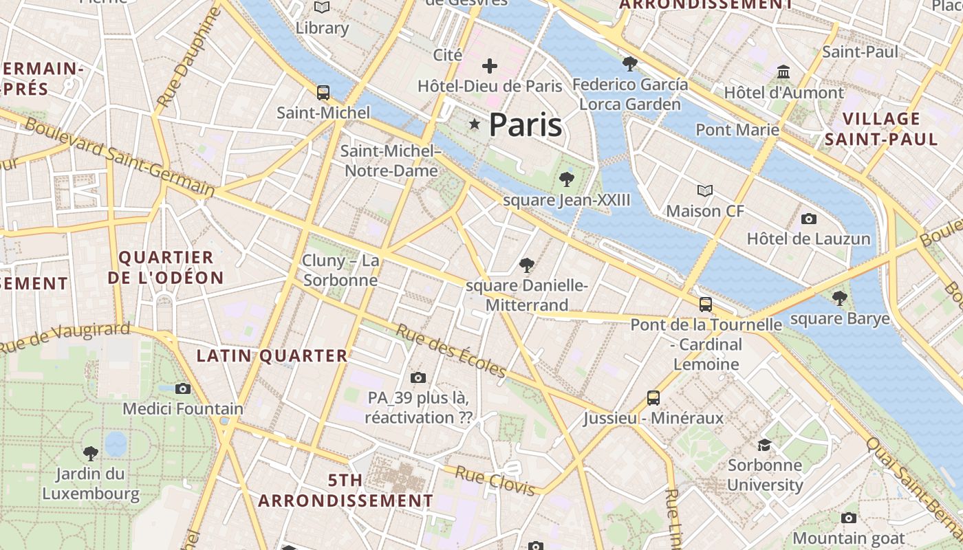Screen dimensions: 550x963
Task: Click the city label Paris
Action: [x=526, y=125]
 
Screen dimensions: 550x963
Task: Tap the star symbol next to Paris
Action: [x=474, y=124]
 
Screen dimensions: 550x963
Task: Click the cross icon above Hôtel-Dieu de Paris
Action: [x=490, y=66]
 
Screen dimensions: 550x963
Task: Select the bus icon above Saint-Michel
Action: [x=323, y=92]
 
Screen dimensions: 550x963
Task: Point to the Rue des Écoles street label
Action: [x=451, y=351]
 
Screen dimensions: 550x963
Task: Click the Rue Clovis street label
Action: [x=495, y=481]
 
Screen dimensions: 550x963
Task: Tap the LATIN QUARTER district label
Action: [x=272, y=355]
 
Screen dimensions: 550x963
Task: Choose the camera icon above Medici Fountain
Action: [x=183, y=388]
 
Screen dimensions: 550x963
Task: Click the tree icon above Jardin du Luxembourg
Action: [x=90, y=453]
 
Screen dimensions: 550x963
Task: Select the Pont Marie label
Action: [x=737, y=129]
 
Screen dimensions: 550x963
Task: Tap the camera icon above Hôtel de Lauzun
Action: [x=809, y=219]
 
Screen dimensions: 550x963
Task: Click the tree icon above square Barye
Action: [x=839, y=298]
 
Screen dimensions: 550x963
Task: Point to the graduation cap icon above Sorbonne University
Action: [x=764, y=445]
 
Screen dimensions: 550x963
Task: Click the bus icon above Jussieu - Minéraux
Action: [x=653, y=397]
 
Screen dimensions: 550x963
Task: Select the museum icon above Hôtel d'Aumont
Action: [x=783, y=71]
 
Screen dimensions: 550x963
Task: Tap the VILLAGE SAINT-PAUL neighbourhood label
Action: [x=881, y=129]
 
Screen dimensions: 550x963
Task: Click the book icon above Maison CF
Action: [x=705, y=190]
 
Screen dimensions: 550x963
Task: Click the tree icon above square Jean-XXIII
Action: [x=567, y=179]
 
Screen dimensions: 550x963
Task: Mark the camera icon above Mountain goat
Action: [x=849, y=518]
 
